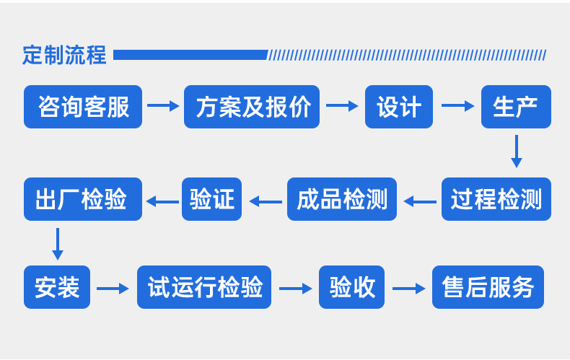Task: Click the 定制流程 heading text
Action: (64, 55)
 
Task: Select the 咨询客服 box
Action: (83, 107)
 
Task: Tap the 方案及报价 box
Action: (252, 107)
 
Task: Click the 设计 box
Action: (398, 107)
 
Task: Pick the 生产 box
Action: (516, 107)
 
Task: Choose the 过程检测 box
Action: (496, 199)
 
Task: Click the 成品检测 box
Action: (342, 199)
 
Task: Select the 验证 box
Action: (212, 199)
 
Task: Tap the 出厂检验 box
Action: (83, 199)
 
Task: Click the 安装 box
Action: (57, 288)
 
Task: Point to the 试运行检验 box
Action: (204, 288)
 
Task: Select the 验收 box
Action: (352, 288)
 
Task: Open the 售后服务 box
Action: (488, 288)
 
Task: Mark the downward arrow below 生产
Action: (516, 152)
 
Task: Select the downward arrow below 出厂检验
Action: (58, 244)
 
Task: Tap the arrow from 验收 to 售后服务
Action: (408, 289)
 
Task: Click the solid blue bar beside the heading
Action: (190, 55)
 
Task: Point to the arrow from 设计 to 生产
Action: (457, 106)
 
